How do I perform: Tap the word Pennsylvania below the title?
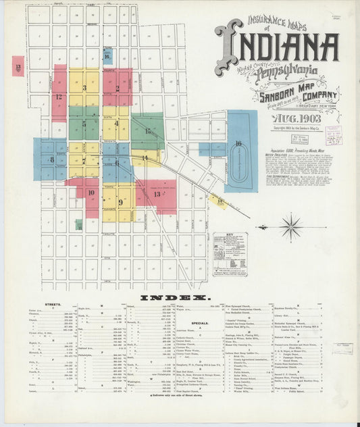[x=278, y=70]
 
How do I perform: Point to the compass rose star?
[x=291, y=226]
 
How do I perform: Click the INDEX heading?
[x=176, y=297]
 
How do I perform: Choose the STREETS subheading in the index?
[x=51, y=305]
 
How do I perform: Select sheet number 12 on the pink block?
[x=59, y=97]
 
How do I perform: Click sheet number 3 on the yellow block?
[x=84, y=88]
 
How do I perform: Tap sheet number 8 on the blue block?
[x=51, y=159]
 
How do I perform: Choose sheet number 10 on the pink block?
[x=89, y=193]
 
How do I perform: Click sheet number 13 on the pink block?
[x=157, y=194]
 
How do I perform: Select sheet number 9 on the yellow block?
[x=120, y=201]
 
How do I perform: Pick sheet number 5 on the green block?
[x=84, y=124]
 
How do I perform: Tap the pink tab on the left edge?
[x=17, y=66]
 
